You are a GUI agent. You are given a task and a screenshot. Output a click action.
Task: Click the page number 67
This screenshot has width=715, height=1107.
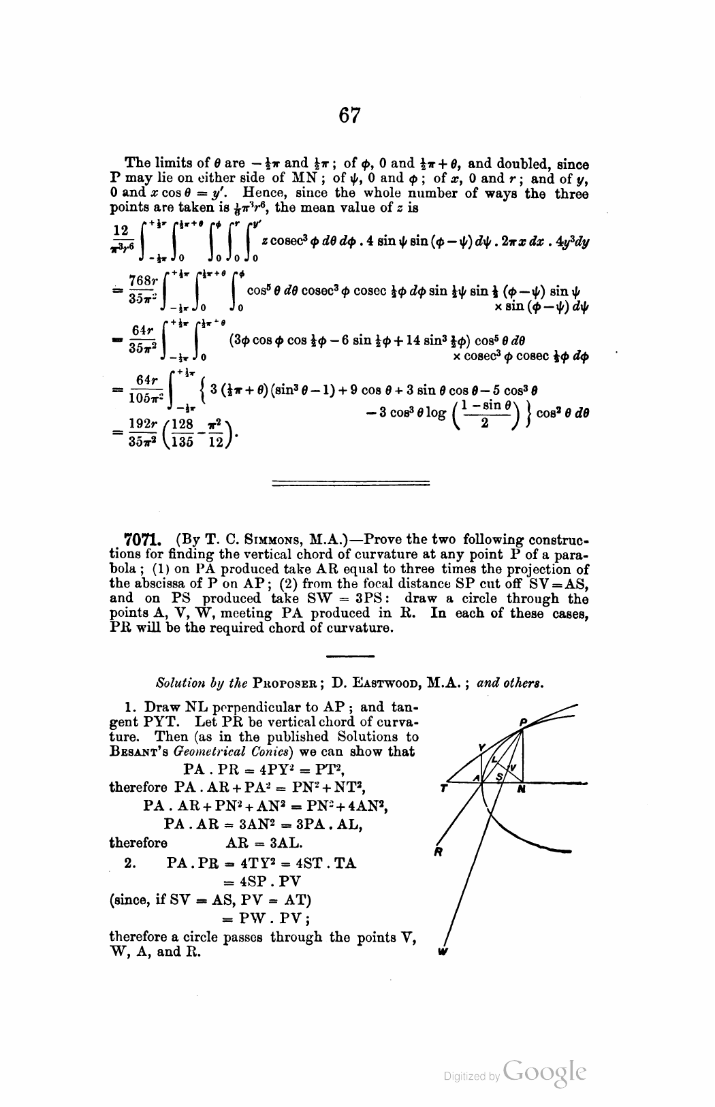(x=349, y=116)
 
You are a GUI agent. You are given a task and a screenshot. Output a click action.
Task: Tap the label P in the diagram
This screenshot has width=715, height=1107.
(x=523, y=722)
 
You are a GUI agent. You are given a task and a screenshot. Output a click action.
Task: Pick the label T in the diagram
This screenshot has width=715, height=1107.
(x=444, y=790)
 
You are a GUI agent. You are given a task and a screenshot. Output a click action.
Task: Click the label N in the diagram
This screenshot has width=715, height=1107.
(x=521, y=790)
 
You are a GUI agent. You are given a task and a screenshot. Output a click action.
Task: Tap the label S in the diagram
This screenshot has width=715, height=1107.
(x=498, y=775)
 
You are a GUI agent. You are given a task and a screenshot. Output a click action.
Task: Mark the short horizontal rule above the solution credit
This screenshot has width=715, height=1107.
(x=350, y=656)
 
